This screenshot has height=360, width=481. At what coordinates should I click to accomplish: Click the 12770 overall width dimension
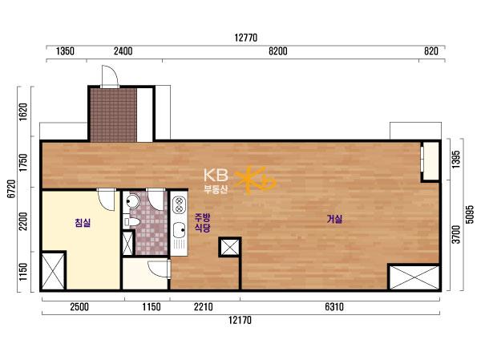click(x=246, y=38)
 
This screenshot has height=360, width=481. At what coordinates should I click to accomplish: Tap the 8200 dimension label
click(x=278, y=51)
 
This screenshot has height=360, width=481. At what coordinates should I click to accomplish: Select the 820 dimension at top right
click(x=431, y=51)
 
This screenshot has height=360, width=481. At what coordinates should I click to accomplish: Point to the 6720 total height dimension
click(x=11, y=188)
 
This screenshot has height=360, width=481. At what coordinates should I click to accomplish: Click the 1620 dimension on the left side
click(x=23, y=112)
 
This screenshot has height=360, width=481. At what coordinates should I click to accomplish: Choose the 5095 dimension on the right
click(x=470, y=215)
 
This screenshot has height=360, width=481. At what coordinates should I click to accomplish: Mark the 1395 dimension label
click(x=456, y=159)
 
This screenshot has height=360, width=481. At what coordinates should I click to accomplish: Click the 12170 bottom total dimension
click(x=240, y=321)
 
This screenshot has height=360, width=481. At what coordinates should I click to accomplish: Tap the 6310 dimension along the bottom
click(x=334, y=306)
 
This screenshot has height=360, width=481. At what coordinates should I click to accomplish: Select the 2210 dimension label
click(x=203, y=306)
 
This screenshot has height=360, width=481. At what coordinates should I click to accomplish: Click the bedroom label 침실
click(x=83, y=223)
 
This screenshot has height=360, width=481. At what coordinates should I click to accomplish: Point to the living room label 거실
click(x=334, y=219)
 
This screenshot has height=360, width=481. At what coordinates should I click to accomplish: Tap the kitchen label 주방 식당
click(x=203, y=223)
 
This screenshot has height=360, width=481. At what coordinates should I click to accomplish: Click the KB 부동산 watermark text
click(x=216, y=181)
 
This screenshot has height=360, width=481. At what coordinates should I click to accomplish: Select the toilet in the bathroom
click(x=131, y=221)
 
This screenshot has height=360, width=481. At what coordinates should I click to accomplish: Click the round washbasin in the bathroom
click(x=132, y=201)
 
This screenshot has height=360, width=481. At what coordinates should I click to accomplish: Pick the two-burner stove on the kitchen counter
click(x=179, y=205)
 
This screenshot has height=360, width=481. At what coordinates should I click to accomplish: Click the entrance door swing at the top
click(x=110, y=76)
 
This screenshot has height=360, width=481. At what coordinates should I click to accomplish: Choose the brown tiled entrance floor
click(x=114, y=115)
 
